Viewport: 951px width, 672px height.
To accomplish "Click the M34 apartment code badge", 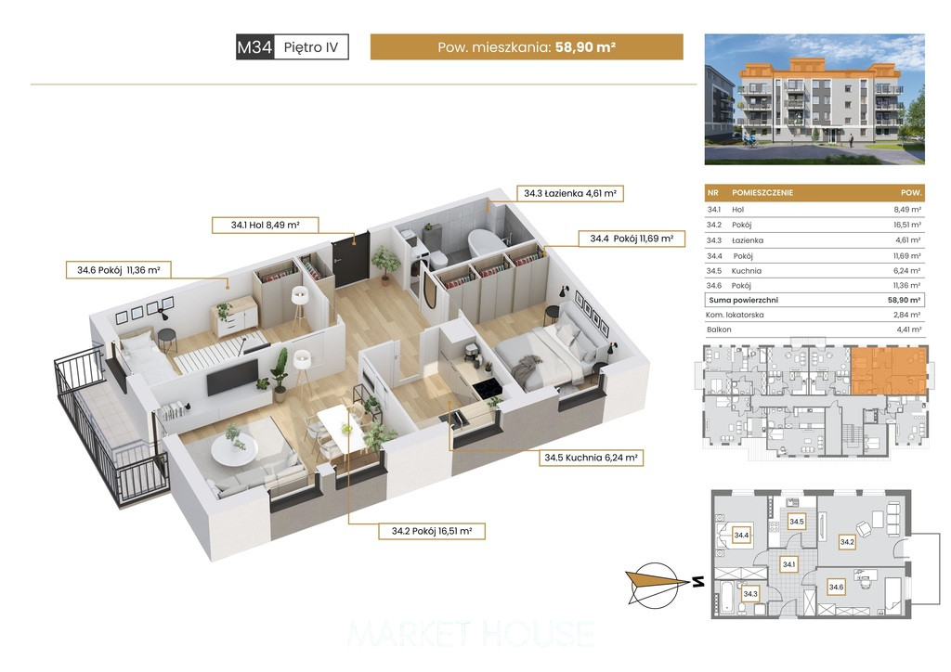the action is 254,46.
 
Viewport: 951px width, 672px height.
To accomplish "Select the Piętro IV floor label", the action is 311,47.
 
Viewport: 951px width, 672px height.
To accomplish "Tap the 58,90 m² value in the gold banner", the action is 585,47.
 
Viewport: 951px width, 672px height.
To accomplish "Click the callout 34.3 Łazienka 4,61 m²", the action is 570,193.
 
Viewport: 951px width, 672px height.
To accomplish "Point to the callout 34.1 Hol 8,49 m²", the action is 265,225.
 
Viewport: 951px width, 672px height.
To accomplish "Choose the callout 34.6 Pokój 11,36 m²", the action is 118,270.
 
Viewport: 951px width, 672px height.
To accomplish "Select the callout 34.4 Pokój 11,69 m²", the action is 632,239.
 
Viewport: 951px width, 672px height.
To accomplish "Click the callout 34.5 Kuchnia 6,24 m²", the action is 591,458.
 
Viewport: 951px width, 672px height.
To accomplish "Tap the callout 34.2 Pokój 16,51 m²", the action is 431,531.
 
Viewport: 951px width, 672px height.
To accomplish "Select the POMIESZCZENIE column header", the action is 762,193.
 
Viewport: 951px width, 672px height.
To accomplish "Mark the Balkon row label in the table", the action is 719,330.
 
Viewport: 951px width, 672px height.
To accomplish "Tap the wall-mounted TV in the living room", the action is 233,376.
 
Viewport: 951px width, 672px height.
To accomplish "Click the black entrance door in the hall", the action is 350,261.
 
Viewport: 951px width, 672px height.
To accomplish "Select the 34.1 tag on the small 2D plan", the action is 788,564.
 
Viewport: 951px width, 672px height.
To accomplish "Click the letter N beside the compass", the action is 698,582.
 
